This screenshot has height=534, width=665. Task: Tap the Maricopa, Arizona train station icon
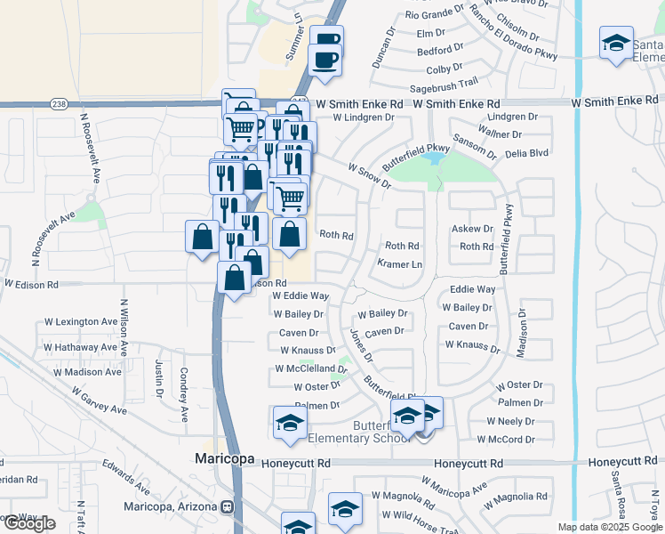pyautogui.click(x=228, y=506)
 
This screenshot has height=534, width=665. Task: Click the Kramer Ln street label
pyautogui.click(x=399, y=264)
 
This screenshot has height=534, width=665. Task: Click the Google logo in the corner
pyautogui.click(x=29, y=523)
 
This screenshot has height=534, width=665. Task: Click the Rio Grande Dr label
pyautogui.click(x=434, y=15)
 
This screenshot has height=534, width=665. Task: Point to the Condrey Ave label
pyautogui.click(x=183, y=394)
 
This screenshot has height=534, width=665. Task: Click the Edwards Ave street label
pyautogui.click(x=124, y=476)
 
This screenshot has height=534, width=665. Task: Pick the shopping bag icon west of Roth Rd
pyautogui.click(x=290, y=235)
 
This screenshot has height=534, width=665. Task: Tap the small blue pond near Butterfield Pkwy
pyautogui.click(x=434, y=159)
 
